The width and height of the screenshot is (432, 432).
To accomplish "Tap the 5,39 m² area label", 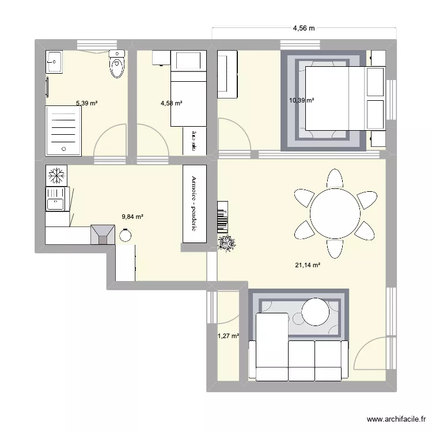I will (86, 104).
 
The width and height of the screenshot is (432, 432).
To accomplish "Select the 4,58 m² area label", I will (171, 104).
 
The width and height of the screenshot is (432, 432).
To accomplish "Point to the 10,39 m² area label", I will (301, 100).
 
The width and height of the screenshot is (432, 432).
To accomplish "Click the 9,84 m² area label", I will (132, 217).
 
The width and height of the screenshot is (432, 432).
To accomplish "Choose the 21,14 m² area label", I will (307, 266).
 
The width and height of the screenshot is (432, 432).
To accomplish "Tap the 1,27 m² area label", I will (228, 336).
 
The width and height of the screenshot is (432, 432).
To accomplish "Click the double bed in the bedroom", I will (344, 99).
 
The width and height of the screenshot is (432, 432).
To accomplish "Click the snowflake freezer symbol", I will (56, 175).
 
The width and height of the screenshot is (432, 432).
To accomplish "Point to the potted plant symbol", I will (226, 244).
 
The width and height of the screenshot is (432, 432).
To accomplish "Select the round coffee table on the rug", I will (315, 312).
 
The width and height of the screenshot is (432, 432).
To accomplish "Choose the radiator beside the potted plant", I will (222, 217).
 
